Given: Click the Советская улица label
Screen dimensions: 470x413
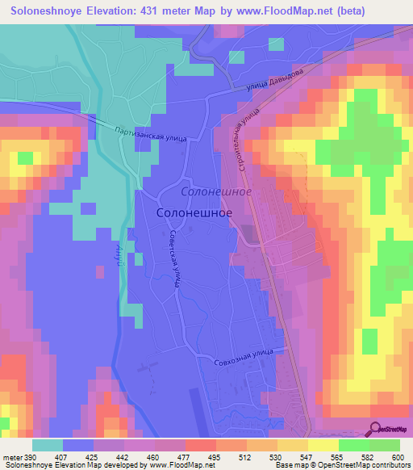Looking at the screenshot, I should tap(173, 258).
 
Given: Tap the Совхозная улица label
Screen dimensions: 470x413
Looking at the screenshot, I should tap(248, 356).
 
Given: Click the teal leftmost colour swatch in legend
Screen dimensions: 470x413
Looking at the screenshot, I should tap(48, 445).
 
